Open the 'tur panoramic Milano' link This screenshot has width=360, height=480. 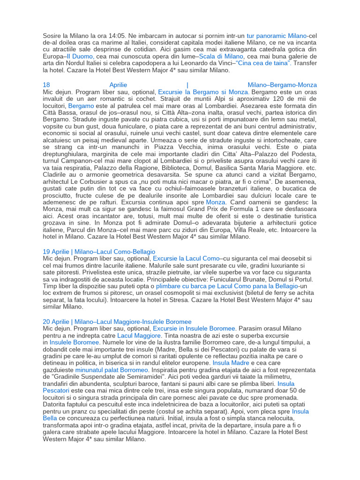coord(277,35)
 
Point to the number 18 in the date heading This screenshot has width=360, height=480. coord(46,85)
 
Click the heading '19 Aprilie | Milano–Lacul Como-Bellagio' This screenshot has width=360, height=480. coord(99,252)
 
